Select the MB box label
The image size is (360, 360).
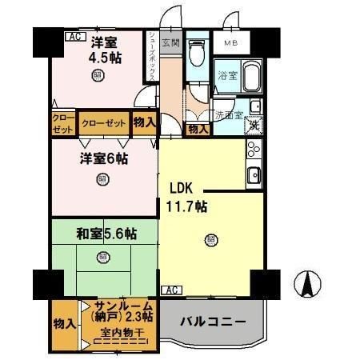230,42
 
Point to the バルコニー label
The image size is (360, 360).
212,322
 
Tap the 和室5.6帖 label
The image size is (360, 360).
106,234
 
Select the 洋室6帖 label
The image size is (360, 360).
102,158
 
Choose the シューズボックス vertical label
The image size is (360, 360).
152,59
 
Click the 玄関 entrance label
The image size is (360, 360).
170,42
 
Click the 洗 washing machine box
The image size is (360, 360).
252,125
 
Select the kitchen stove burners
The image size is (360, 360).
254,150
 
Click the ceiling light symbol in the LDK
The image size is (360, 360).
210,238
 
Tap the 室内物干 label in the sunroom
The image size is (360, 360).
116,333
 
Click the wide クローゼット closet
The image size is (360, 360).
103,123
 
